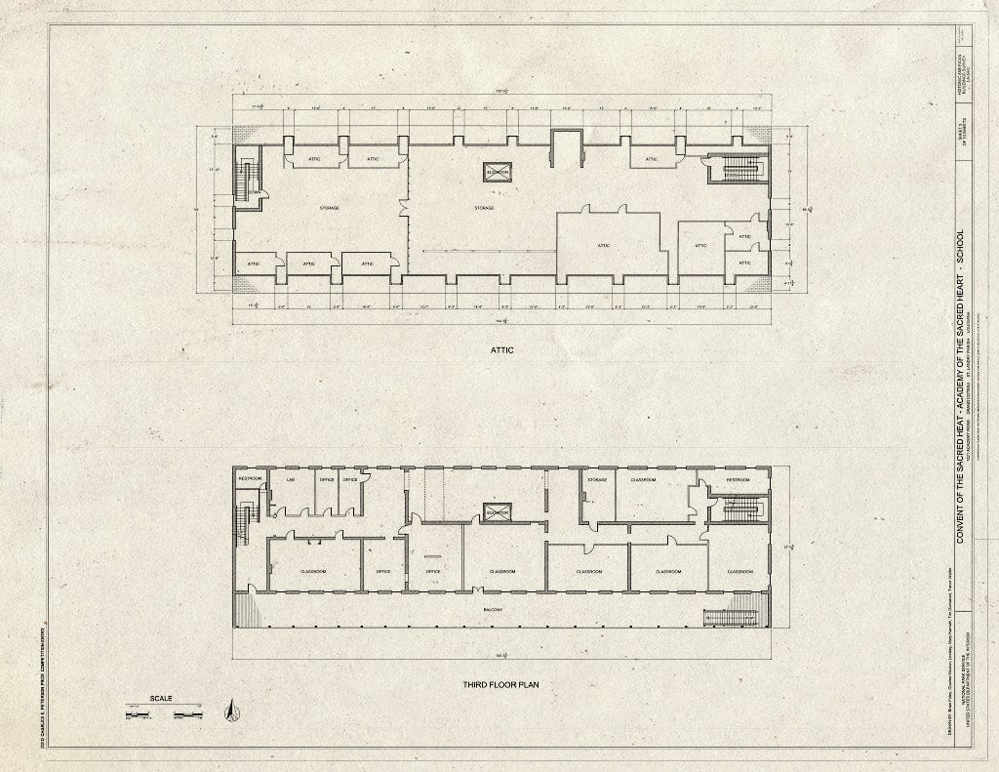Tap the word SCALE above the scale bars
[x=162, y=699]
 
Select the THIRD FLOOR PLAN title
[x=500, y=685]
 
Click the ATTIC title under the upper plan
[x=501, y=349]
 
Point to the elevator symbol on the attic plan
[x=498, y=173]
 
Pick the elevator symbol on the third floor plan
[x=498, y=513]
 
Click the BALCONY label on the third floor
[x=499, y=608]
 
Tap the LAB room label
[x=290, y=480]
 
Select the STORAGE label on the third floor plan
[x=597, y=480]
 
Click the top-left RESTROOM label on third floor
[x=251, y=480]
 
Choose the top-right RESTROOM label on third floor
[x=738, y=480]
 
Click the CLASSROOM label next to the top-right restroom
[x=643, y=480]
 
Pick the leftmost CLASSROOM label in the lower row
[x=313, y=571]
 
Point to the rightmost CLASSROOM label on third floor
[x=739, y=571]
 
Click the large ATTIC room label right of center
[x=604, y=245]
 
